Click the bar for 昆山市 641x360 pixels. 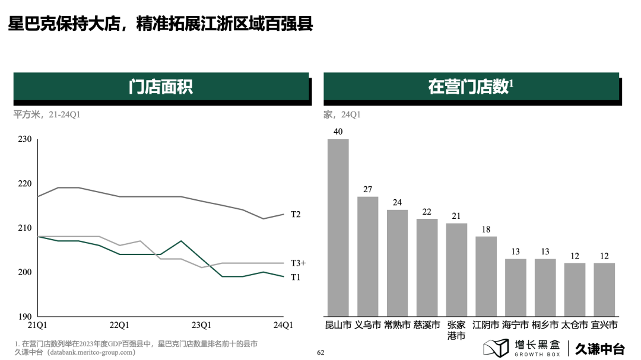[x=338, y=227]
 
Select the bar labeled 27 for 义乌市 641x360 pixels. [x=367, y=256]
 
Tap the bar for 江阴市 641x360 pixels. [x=485, y=276]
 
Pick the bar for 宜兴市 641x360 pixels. [x=604, y=289]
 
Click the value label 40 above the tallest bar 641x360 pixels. [x=338, y=132]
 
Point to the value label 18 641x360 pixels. [x=485, y=230]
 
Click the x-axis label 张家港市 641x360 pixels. [x=456, y=330]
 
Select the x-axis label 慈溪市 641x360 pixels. [x=427, y=325]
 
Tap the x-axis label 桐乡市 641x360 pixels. [x=545, y=325]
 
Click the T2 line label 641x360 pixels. [x=296, y=214]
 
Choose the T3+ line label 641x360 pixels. [x=298, y=263]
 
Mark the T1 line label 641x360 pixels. [x=296, y=277]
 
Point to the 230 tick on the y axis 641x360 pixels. [x=25, y=139]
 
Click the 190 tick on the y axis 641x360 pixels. [x=25, y=317]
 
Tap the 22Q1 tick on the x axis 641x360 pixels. [x=119, y=325]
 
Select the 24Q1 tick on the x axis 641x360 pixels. [x=283, y=325]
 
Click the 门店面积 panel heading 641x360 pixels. [x=161, y=87]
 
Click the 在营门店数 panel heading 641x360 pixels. [x=471, y=87]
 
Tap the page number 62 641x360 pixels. [x=320, y=352]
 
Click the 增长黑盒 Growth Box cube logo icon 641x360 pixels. [x=496, y=348]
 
